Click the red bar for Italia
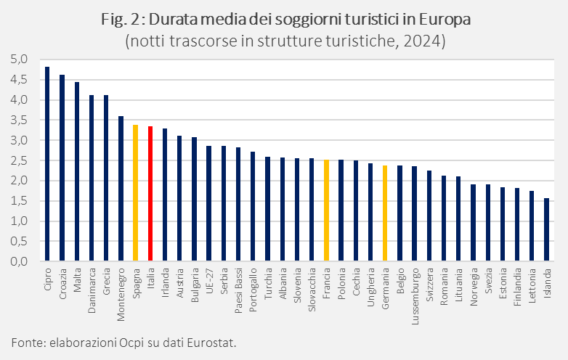pyautogui.click(x=150, y=193)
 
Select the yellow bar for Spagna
pyautogui.click(x=135, y=192)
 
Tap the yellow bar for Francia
pyautogui.click(x=327, y=210)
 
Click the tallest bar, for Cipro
pyautogui.click(x=47, y=163)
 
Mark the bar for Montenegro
pyautogui.click(x=121, y=188)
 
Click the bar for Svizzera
pyautogui.click(x=429, y=216)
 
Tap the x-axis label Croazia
pyautogui.click(x=62, y=279)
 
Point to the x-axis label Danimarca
pyautogui.click(x=92, y=287)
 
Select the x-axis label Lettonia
pyautogui.click(x=532, y=284)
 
